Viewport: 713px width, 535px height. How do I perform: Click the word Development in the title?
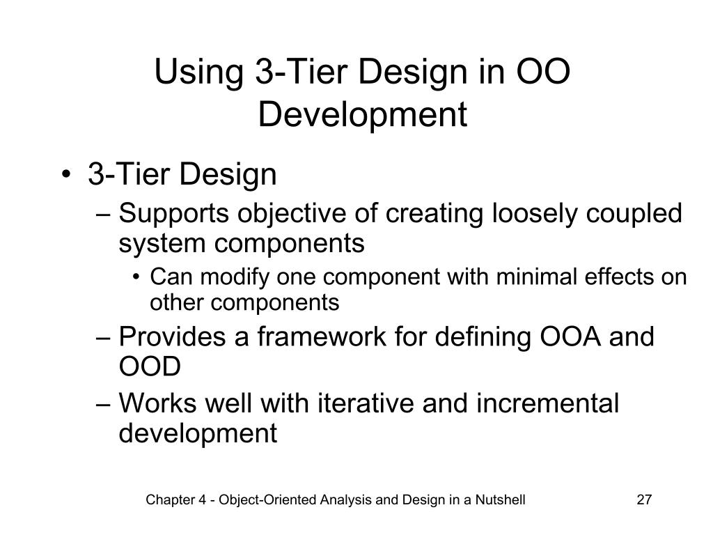362,115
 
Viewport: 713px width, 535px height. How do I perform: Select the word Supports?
175,213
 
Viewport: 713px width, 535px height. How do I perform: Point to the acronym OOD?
150,366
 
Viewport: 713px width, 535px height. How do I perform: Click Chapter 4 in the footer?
171,500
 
